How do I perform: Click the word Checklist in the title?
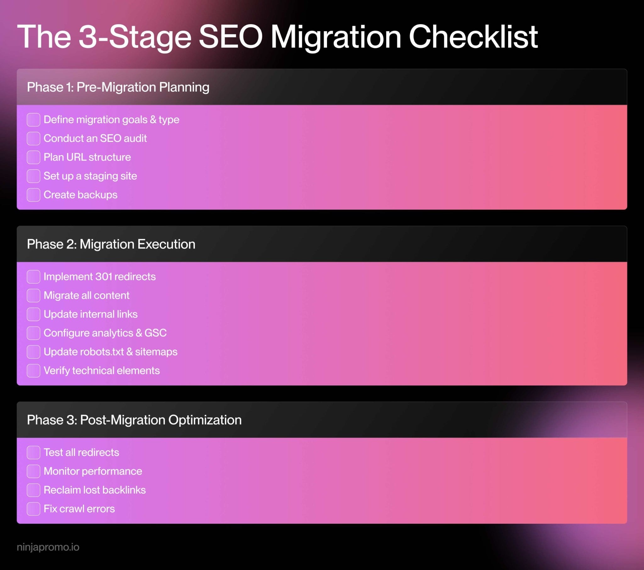coord(473,37)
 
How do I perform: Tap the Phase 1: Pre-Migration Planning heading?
coord(118,87)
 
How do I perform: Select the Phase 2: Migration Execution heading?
coord(111,244)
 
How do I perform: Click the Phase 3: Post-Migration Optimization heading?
coord(134,420)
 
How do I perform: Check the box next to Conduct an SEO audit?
coord(33,138)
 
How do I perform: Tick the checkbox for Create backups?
coord(33,195)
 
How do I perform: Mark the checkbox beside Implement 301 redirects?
coord(33,277)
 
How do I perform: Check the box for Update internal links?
coord(33,314)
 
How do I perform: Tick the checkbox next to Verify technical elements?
coord(33,371)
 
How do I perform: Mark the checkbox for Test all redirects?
coord(33,452)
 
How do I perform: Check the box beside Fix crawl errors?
coord(33,509)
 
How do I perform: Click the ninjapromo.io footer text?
coord(48,547)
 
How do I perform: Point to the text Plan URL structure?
coord(87,157)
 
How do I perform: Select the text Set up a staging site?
coord(90,176)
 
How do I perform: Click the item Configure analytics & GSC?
coord(105,333)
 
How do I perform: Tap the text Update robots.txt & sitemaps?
coord(110,352)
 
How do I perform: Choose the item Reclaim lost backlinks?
coord(95,490)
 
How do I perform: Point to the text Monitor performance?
coord(93,471)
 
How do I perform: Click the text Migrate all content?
coord(86,295)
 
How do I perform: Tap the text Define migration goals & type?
coord(111,120)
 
